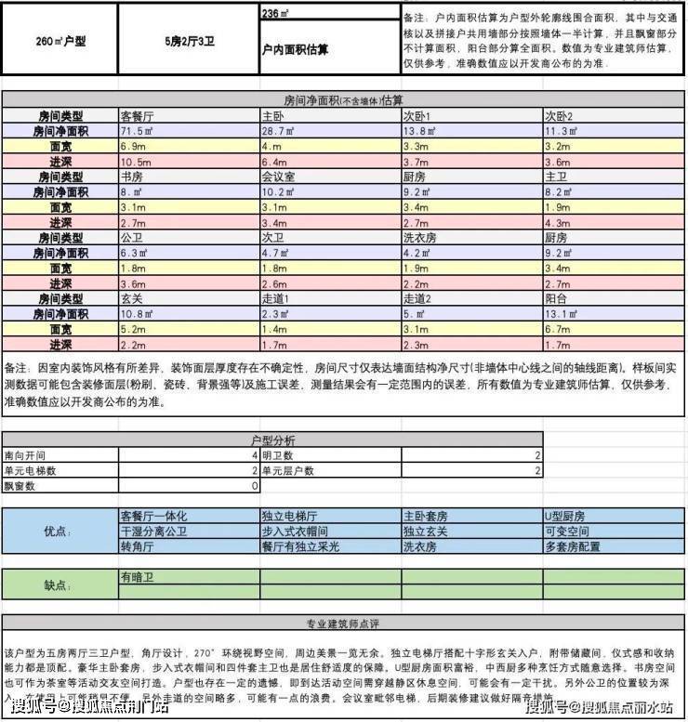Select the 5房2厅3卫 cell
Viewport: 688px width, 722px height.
[x=188, y=42]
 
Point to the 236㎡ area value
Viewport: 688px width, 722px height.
[x=274, y=14]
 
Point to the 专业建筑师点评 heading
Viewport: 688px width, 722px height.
[x=343, y=623]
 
